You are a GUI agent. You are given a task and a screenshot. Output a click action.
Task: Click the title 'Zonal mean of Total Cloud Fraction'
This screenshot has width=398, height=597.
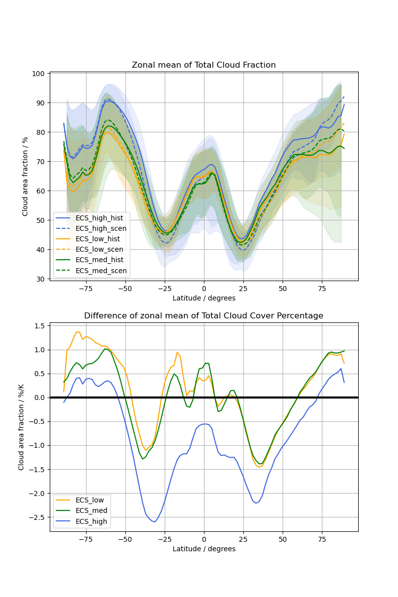pyautogui.click(x=203, y=65)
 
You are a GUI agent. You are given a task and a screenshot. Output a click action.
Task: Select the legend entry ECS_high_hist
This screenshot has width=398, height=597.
pyautogui.click(x=101, y=217)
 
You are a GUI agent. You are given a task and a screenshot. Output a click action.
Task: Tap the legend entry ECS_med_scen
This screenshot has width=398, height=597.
pyautogui.click(x=101, y=271)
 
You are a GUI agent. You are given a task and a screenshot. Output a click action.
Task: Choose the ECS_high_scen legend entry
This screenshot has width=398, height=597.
pyautogui.click(x=101, y=228)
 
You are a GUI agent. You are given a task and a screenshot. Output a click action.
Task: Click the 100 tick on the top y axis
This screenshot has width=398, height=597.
pyautogui.click(x=39, y=74)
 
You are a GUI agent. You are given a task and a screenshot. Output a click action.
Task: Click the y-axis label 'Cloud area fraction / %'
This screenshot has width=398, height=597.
pyautogui.click(x=25, y=177)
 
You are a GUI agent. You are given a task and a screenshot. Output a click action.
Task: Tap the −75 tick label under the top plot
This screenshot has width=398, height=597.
pyautogui.click(x=86, y=288)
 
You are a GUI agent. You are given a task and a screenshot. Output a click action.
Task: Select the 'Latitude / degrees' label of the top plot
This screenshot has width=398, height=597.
pyautogui.click(x=203, y=298)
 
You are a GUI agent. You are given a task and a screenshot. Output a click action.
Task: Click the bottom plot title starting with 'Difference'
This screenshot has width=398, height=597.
pyautogui.click(x=203, y=316)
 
